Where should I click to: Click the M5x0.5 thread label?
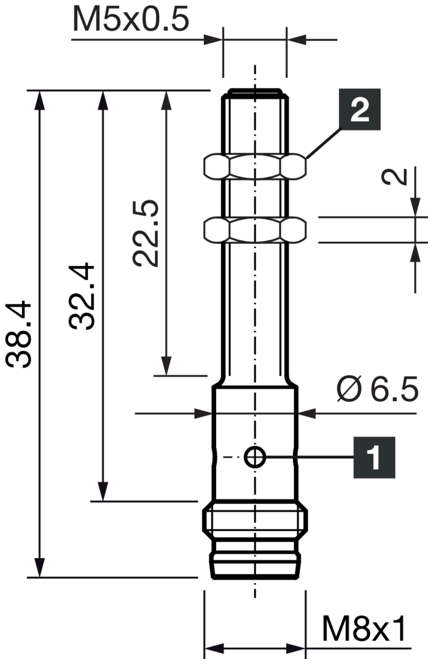(x=131, y=20)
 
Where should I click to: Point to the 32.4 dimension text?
(x=82, y=296)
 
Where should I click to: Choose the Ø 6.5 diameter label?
(x=377, y=391)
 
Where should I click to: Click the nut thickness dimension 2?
(x=398, y=176)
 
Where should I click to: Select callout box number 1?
(x=375, y=457)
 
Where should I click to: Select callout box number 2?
(x=360, y=110)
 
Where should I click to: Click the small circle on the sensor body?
(x=254, y=458)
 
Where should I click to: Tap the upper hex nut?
(x=254, y=166)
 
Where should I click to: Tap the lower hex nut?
(x=254, y=230)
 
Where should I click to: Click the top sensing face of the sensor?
(x=254, y=91)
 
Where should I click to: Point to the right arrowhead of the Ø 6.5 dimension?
(x=308, y=413)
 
